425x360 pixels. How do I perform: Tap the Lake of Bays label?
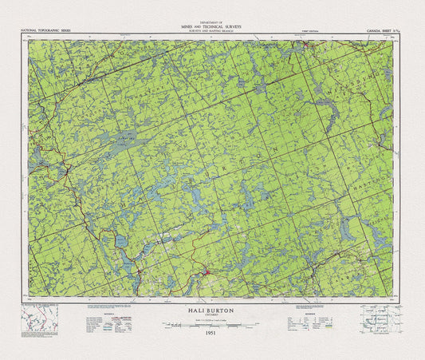coord(119,136)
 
